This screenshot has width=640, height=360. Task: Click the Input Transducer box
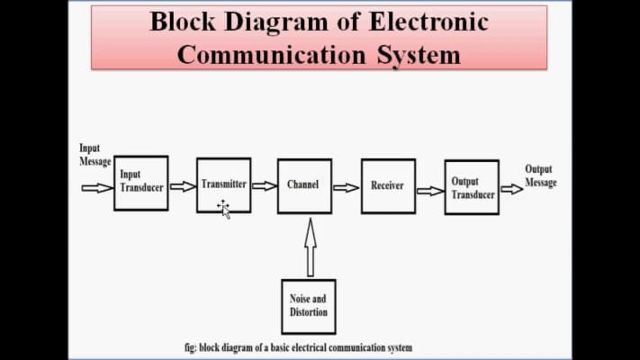[x=140, y=184]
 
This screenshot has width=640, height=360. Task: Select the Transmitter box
[x=224, y=184]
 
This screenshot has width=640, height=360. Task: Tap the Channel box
[x=304, y=185]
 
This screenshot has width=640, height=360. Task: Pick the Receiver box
[x=388, y=186]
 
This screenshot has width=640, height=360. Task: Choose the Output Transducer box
[x=472, y=187]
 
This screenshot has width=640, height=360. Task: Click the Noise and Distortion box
[x=309, y=306]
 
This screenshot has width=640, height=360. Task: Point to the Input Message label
[x=95, y=155]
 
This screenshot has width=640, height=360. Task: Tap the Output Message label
[x=541, y=175]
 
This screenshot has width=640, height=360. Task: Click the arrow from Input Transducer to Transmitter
[x=183, y=186]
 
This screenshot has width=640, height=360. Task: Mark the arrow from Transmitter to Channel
[x=264, y=186]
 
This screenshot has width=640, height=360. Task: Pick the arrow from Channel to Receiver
[x=346, y=187]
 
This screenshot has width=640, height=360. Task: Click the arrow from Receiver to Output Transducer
[x=429, y=189]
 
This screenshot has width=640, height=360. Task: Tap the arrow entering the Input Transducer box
[x=97, y=187]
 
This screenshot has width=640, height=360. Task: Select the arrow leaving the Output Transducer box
[x=511, y=189]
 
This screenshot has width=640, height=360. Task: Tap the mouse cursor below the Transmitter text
[x=223, y=209]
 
